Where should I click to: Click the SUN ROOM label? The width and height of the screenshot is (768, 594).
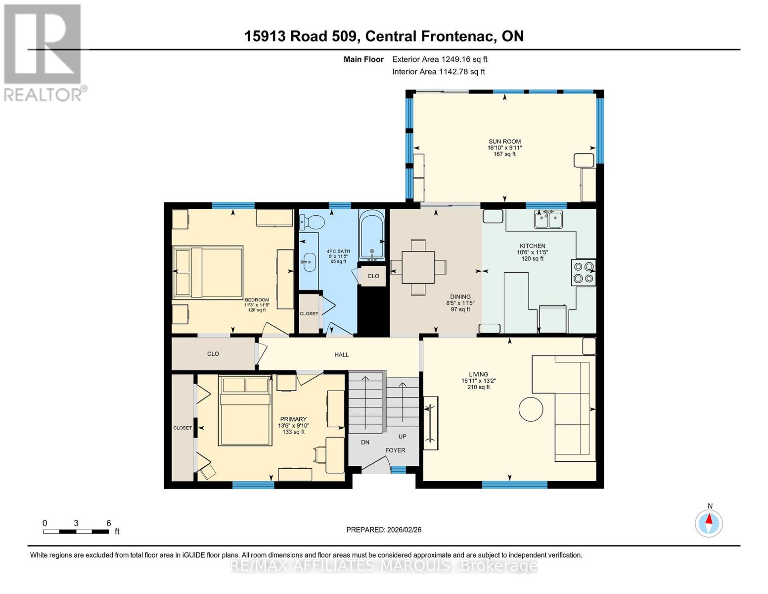504,142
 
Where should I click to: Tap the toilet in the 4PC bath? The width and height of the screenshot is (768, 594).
312,222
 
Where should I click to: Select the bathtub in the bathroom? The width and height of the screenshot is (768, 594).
371,235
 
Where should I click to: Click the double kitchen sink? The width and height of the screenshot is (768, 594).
548,219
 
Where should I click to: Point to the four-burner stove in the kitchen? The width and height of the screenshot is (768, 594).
584,272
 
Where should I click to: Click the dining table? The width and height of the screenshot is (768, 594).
418,267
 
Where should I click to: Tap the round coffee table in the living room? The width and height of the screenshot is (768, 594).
531,409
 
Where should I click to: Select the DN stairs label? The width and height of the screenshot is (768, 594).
365,442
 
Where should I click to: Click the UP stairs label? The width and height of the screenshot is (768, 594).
402,437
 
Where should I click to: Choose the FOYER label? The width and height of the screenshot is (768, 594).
395,450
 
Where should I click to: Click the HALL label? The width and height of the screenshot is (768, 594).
341,354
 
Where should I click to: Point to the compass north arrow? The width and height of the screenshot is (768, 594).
709,520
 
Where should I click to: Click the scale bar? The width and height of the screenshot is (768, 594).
76,531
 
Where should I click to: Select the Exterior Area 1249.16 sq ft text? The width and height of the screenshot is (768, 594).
440,59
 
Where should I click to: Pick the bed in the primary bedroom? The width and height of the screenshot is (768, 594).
245,411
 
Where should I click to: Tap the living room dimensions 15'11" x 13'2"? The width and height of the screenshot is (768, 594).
479,381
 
